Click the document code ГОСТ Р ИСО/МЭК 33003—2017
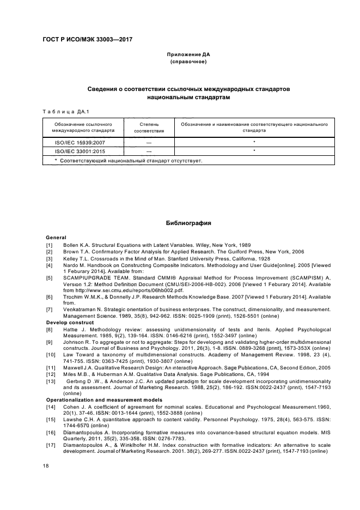coord(87,40)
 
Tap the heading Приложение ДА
coord(188,56)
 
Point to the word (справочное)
coord(188,63)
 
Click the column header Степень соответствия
coord(149,127)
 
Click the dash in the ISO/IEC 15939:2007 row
coord(149,143)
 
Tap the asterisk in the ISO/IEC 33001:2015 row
coord(254,151)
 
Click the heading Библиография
coord(188,223)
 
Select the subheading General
coord(56,238)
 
